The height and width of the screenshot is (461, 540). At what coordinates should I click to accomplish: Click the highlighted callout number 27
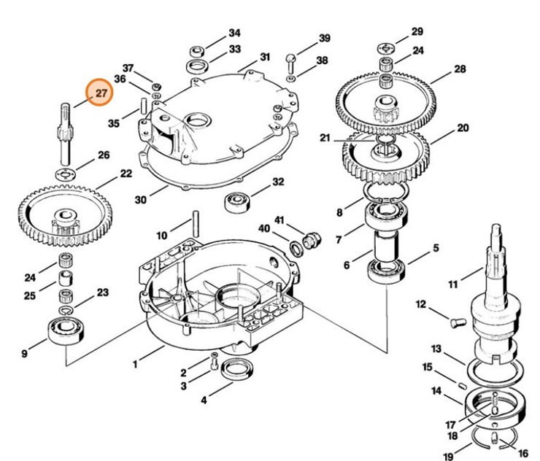point(101,93)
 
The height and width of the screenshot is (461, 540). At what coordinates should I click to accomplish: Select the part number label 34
point(234,33)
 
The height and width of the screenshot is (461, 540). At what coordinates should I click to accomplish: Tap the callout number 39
point(325,38)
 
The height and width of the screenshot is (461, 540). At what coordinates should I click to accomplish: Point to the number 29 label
point(417,31)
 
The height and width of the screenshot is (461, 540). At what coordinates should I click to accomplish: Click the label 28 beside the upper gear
point(460,69)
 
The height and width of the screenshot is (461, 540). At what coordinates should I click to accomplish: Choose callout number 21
point(325,138)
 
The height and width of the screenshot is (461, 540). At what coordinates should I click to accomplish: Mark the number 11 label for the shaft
point(452,284)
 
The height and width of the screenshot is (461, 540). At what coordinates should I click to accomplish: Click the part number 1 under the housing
point(134,363)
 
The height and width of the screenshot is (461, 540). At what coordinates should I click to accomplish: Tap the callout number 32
point(278,182)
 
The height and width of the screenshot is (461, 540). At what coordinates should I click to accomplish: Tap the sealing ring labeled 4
point(236,370)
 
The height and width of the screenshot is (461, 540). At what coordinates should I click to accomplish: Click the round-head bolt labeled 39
point(291,58)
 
